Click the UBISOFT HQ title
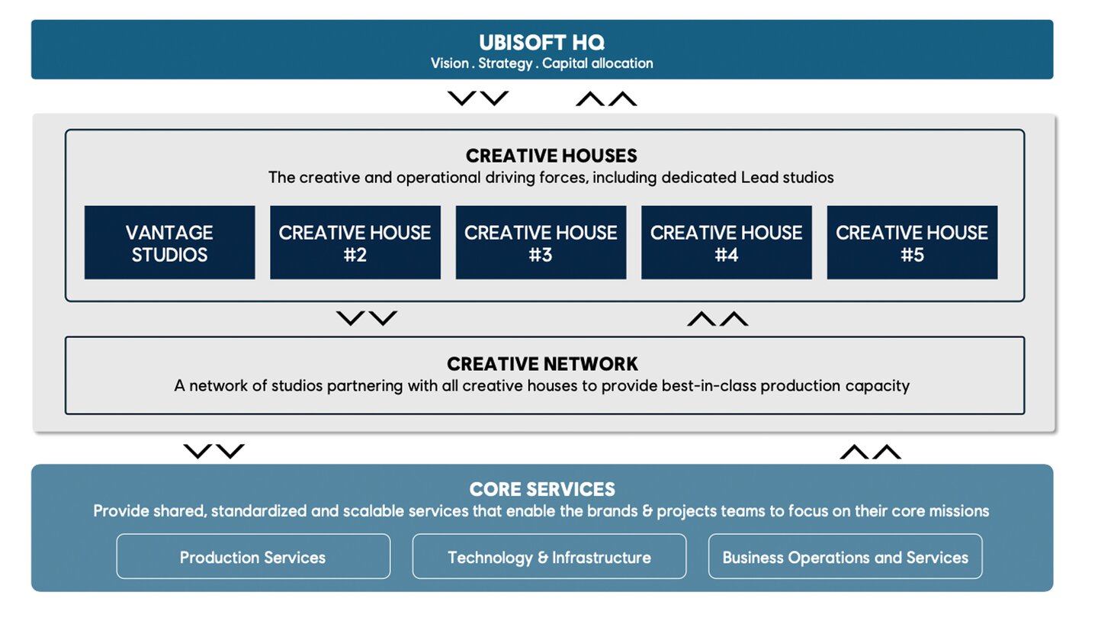coord(541,43)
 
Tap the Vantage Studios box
coord(169,243)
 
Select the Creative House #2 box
coord(355,243)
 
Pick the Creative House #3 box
coord(541,243)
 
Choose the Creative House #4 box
coord(727,243)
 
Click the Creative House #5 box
coord(912,243)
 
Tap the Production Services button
coord(253,556)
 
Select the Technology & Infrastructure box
coord(550,556)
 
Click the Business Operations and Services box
coord(846,556)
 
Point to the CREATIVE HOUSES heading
coord(551,156)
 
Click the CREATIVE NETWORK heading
coord(543,364)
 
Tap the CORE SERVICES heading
coord(542,489)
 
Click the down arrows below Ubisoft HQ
coord(478,98)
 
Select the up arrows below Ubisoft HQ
coord(606,98)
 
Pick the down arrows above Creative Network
coord(367,318)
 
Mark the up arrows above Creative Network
coord(718,318)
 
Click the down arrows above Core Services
coord(213,451)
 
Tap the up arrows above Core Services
coord(871,451)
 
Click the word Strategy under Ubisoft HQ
coord(506,64)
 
